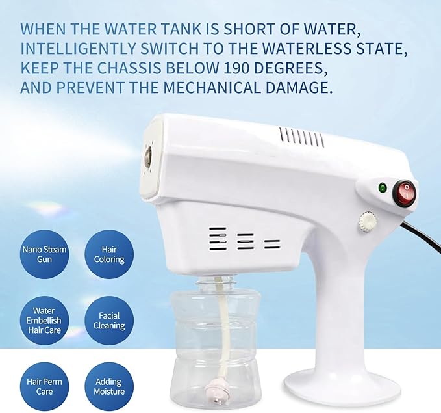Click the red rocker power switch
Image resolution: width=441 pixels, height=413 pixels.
(404, 193)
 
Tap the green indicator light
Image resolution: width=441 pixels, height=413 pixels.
(383, 189)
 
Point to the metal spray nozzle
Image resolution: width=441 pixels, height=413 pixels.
(149, 156)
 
